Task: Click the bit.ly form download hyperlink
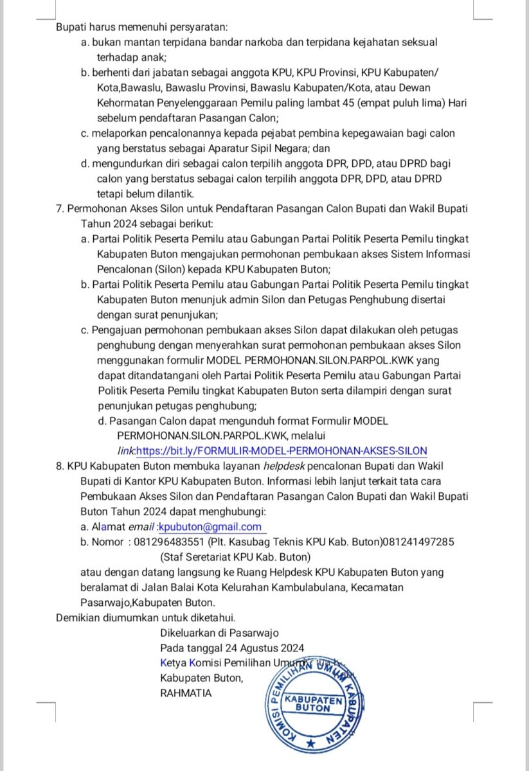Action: tap(282, 451)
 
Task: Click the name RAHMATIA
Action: tap(186, 693)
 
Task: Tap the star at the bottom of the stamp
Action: tap(311, 743)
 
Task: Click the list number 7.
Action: tap(60, 209)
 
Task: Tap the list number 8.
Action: tap(60, 466)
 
